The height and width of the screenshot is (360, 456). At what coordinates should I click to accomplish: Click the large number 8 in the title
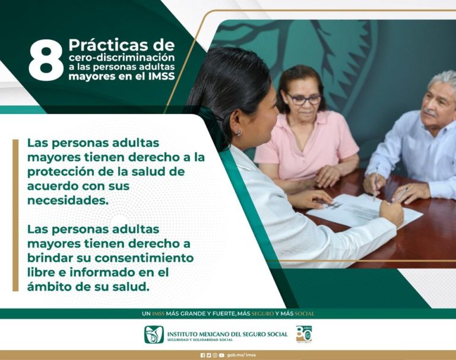(46, 60)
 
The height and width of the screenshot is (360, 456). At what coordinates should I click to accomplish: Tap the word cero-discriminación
(122, 58)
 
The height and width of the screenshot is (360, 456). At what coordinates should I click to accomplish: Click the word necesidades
(68, 200)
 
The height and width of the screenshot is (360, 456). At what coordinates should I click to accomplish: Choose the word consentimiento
(144, 258)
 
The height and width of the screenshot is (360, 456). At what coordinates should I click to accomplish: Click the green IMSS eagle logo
(154, 334)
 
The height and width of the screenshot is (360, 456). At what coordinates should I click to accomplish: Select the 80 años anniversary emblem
(304, 334)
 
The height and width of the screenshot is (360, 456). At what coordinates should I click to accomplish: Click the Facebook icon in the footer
(202, 355)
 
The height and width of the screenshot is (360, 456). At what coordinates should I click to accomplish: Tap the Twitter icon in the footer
(208, 355)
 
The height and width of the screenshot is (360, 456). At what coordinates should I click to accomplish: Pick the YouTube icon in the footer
(221, 355)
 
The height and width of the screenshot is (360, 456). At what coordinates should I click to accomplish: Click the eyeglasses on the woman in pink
(303, 100)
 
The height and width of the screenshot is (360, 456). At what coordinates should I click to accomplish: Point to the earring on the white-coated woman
(239, 132)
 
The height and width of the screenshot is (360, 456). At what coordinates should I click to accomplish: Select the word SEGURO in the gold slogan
(262, 314)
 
